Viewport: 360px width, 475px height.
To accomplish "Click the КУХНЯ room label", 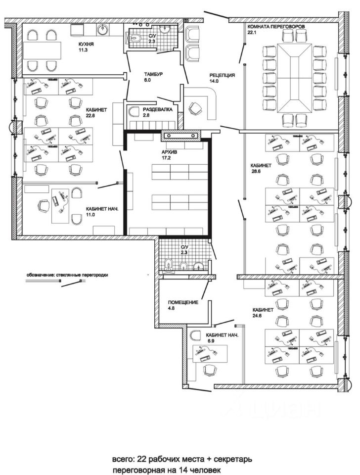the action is [86, 44].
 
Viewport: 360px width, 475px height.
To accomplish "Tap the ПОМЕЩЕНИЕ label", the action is [183, 302].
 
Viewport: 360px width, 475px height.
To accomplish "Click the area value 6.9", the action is [210, 341].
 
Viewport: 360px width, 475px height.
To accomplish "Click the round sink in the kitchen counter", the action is [104, 29].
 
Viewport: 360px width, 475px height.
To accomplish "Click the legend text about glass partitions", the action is [67, 275].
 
